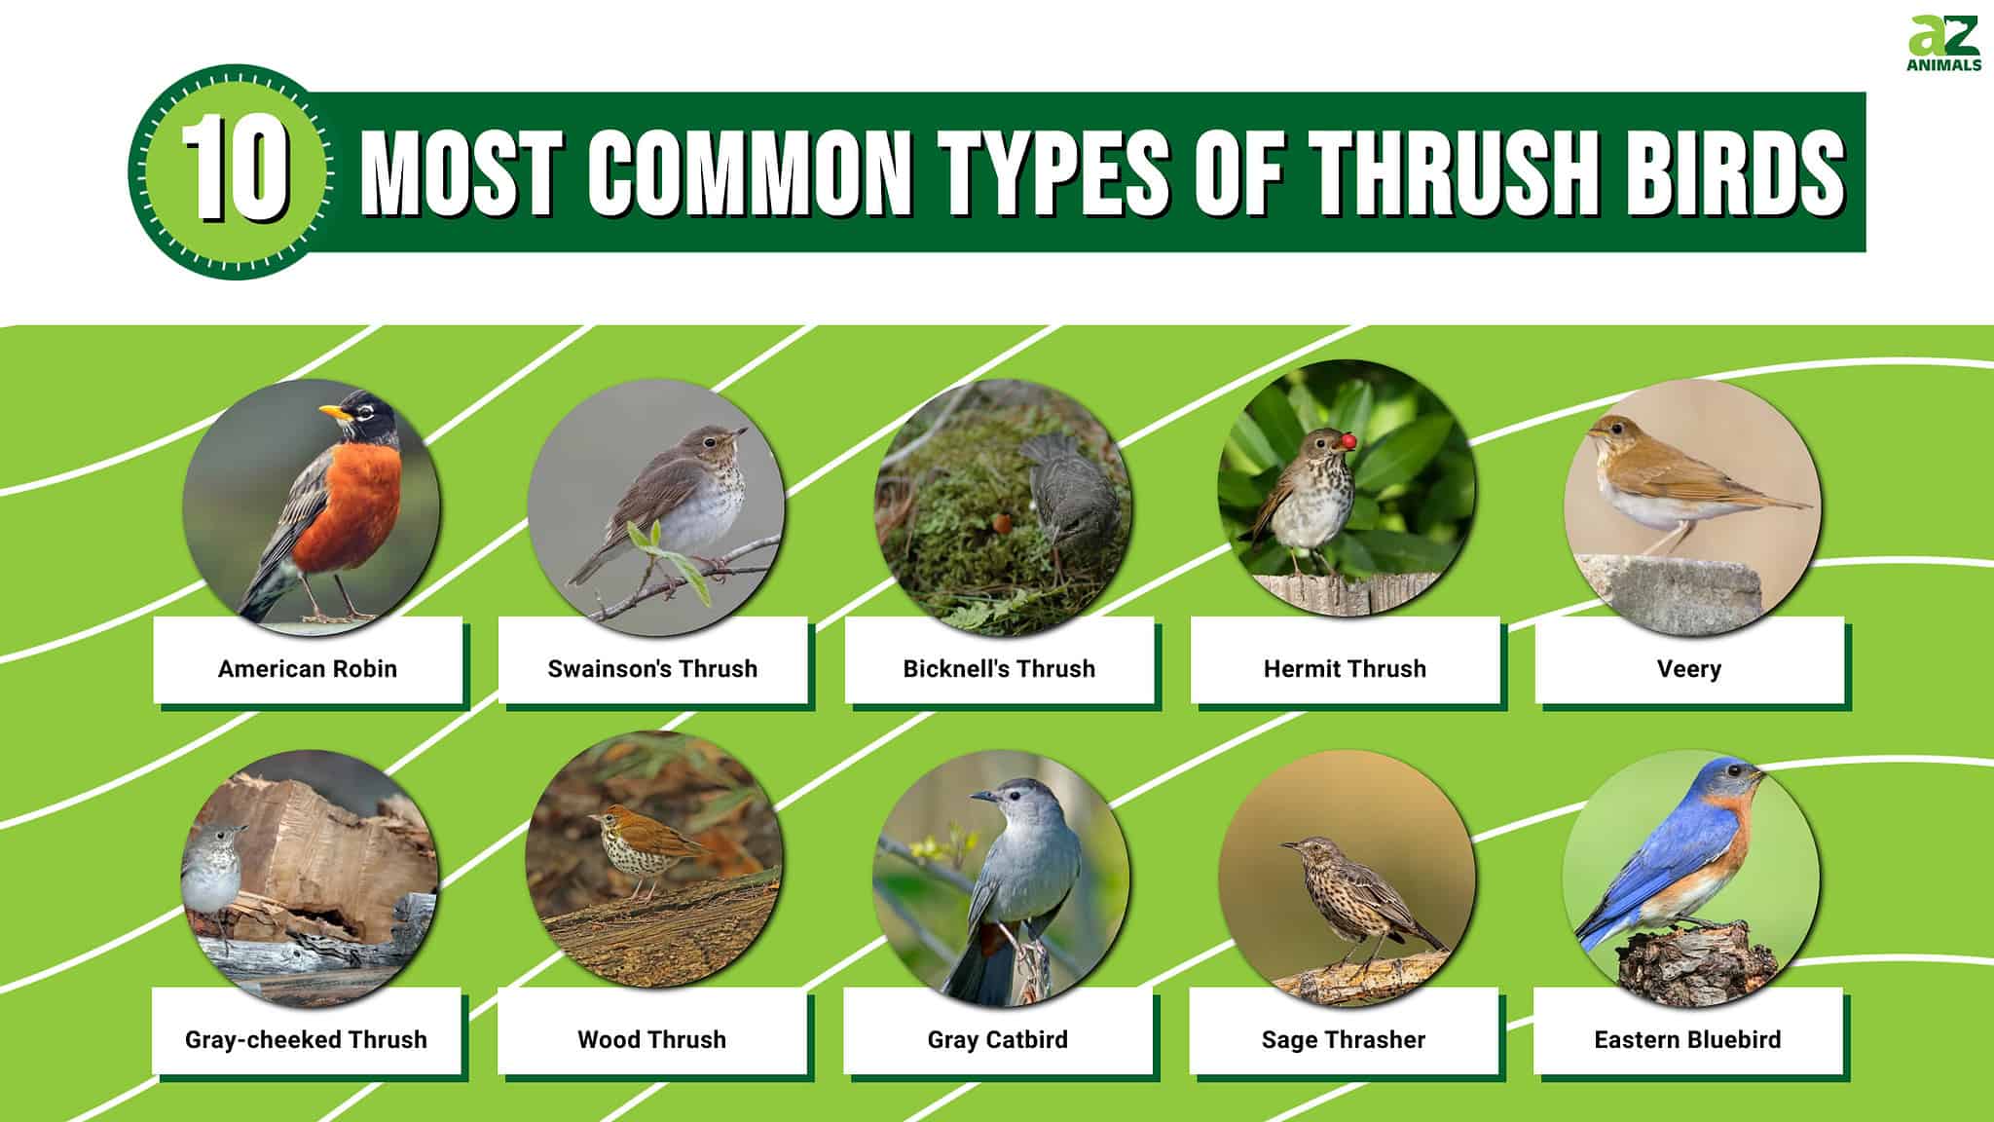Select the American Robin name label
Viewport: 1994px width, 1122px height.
pyautogui.click(x=308, y=668)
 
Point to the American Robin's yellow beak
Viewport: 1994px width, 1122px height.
pyautogui.click(x=334, y=412)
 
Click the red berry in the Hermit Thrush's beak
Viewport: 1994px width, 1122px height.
pyautogui.click(x=1348, y=441)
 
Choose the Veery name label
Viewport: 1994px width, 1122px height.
pyautogui.click(x=1689, y=668)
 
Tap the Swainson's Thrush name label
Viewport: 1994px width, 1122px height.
pyautogui.click(x=652, y=668)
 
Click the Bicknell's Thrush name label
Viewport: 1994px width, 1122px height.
pyautogui.click(x=999, y=668)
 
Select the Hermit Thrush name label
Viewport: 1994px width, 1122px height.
pyautogui.click(x=1345, y=668)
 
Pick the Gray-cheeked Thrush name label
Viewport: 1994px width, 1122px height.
pyautogui.click(x=306, y=1039)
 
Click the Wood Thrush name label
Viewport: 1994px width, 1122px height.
pyautogui.click(x=651, y=1039)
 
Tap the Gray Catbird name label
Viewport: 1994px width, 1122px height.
pyautogui.click(x=997, y=1039)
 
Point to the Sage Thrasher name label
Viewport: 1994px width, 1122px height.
pyautogui.click(x=1343, y=1039)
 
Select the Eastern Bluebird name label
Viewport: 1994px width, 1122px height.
pyautogui.click(x=1687, y=1039)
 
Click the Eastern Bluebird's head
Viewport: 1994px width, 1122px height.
pyautogui.click(x=1735, y=779)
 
